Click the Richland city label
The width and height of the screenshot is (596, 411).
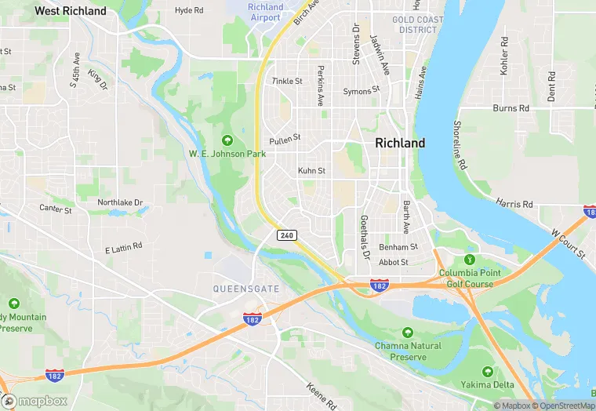400,143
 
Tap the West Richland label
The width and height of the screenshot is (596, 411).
71,11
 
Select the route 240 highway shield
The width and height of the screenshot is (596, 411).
287,235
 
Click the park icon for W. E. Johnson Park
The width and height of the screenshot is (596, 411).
227,140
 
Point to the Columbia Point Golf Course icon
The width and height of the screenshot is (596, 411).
470,260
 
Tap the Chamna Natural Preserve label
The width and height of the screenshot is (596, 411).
407,351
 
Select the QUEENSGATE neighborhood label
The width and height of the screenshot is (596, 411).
246,289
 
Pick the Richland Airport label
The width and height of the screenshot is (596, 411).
265,12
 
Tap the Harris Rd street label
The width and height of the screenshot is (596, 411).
514,203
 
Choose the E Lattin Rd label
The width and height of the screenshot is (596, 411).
123,247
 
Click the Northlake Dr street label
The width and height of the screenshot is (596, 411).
120,202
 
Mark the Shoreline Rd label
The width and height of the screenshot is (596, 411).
460,144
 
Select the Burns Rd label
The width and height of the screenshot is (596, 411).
511,107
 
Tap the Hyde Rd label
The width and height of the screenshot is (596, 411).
189,10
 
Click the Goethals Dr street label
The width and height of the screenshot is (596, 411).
364,238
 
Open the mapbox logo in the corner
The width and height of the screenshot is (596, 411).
35,401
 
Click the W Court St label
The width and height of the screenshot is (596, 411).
568,242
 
